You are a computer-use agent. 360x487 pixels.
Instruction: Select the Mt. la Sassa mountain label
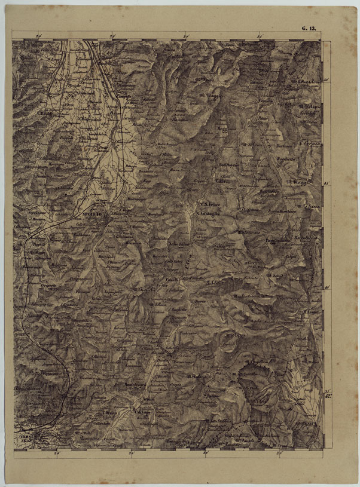coord(312,206)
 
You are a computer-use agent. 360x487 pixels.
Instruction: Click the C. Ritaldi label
coord(44,113)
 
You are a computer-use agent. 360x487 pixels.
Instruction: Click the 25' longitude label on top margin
coord(113,37)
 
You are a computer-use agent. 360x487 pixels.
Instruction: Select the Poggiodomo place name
coord(277,240)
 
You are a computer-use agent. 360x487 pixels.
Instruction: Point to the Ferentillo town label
coord(165,347)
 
